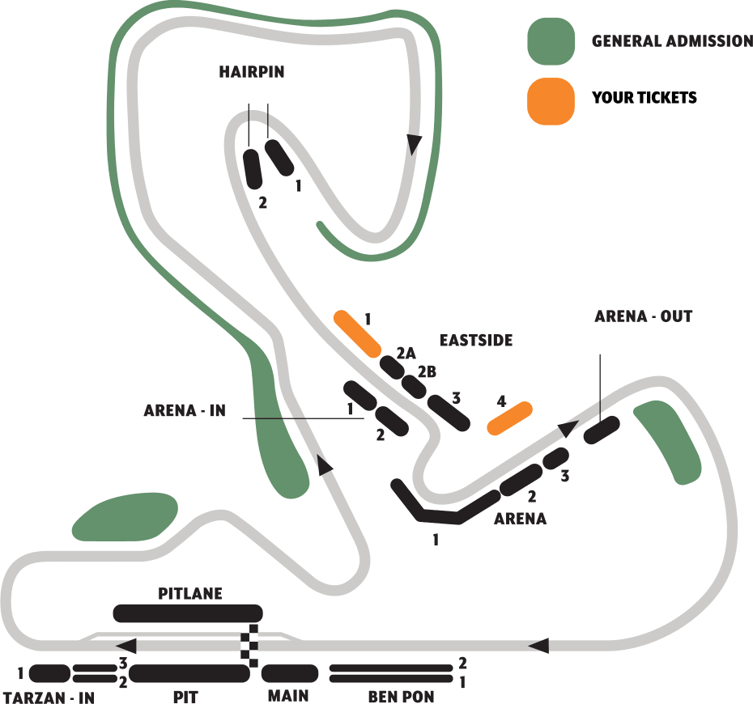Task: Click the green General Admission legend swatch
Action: click(x=551, y=40)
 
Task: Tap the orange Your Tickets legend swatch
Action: click(x=551, y=101)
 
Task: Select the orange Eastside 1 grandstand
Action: click(x=357, y=333)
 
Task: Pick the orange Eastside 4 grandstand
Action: click(x=509, y=418)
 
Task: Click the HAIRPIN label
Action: click(x=252, y=72)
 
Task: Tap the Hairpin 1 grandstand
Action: click(x=279, y=156)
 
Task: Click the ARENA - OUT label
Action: click(x=643, y=316)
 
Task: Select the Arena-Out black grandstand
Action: click(x=602, y=429)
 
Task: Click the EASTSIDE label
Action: click(x=476, y=340)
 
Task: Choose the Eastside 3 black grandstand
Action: click(x=448, y=412)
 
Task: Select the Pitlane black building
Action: click(x=188, y=613)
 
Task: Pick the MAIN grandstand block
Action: click(x=289, y=673)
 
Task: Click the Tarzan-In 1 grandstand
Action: click(x=49, y=673)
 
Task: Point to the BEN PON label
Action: click(x=401, y=697)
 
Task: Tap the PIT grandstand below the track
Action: click(x=189, y=673)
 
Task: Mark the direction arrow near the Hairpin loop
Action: click(x=415, y=144)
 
